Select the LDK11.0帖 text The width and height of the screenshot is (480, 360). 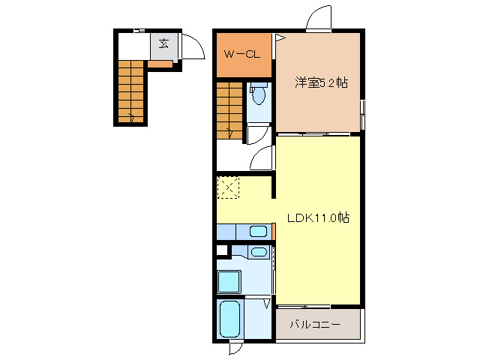pyautogui.click(x=319, y=219)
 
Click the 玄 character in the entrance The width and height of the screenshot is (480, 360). pyautogui.click(x=163, y=43)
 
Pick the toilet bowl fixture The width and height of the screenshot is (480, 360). pyautogui.click(x=259, y=95)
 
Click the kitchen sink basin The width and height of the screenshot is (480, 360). pyautogui.click(x=259, y=231)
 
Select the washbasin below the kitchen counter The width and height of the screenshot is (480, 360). pyautogui.click(x=258, y=252)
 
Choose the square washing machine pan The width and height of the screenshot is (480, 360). pyautogui.click(x=229, y=282)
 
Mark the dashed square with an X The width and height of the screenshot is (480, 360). pyautogui.click(x=227, y=187)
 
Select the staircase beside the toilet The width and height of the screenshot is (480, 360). pyautogui.click(x=229, y=109)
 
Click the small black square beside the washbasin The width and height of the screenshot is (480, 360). pyautogui.click(x=221, y=251)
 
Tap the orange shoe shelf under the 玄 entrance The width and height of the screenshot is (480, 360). pyautogui.click(x=159, y=64)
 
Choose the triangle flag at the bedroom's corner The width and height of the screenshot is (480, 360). pyautogui.click(x=278, y=36)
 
